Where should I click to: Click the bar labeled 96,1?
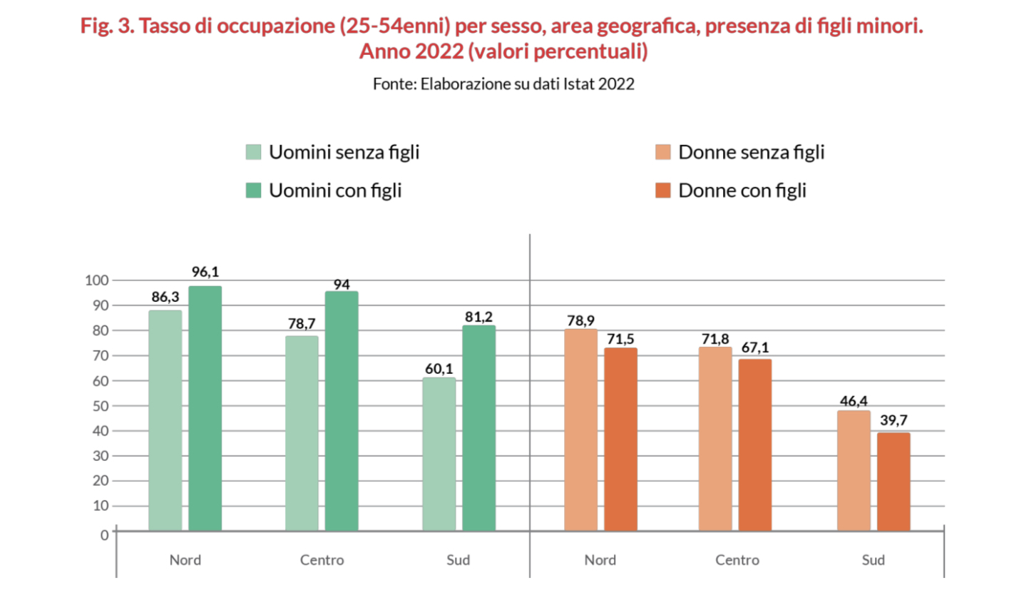pyautogui.click(x=205, y=408)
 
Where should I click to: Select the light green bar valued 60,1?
pyautogui.click(x=439, y=454)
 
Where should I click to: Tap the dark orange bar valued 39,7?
pyautogui.click(x=893, y=482)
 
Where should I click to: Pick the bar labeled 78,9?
pyautogui.click(x=580, y=430)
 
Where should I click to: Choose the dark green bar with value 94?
pyautogui.click(x=342, y=411)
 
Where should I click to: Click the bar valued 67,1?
pyautogui.click(x=754, y=445)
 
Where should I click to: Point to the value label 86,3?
pyautogui.click(x=165, y=298)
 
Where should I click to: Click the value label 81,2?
pyautogui.click(x=478, y=317)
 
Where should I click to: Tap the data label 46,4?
pyautogui.click(x=854, y=401)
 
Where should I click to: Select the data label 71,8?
pyautogui.click(x=715, y=338)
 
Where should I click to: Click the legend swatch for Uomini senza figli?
pyautogui.click(x=253, y=152)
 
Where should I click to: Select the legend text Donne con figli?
pyautogui.click(x=742, y=191)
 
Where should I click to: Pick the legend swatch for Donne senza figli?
pyautogui.click(x=663, y=152)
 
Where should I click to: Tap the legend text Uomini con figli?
pyautogui.click(x=335, y=191)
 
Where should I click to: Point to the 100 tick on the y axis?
pyautogui.click(x=96, y=280)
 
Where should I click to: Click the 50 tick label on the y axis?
pyautogui.click(x=100, y=406)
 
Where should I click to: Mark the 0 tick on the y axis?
pyautogui.click(x=105, y=535)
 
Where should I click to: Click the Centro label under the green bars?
pyautogui.click(x=322, y=560)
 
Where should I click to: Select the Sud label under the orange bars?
pyautogui.click(x=873, y=560)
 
